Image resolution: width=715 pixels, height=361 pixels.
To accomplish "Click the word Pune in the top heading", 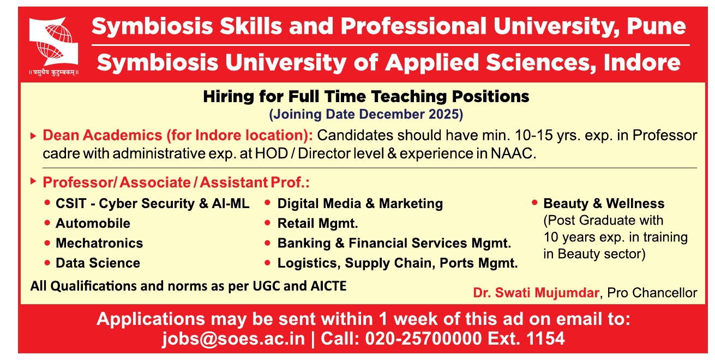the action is coord(656,26).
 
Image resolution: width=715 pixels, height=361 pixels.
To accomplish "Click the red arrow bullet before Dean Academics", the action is coord(33,136).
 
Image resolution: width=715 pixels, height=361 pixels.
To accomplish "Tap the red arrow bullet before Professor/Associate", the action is coord(33,181).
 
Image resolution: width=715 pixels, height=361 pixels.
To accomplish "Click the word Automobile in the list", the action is coord(93,223).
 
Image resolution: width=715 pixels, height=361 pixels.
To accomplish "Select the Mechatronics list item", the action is coord(99,243).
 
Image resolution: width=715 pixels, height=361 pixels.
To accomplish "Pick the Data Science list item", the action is coord(98,263).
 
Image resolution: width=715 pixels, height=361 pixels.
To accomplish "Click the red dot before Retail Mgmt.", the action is coord(267,222).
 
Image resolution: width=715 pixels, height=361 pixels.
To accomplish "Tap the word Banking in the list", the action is coord(304,244).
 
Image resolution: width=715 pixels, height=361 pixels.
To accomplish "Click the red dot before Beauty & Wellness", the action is coord(534,203).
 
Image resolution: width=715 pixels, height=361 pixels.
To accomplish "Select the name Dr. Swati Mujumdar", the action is coord(536,293).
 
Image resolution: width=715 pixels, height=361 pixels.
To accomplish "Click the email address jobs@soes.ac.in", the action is coord(233,339).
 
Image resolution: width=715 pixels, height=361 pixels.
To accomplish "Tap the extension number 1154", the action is coord(545,338).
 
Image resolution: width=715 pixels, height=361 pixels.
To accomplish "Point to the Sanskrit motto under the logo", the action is coord(53,73).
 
